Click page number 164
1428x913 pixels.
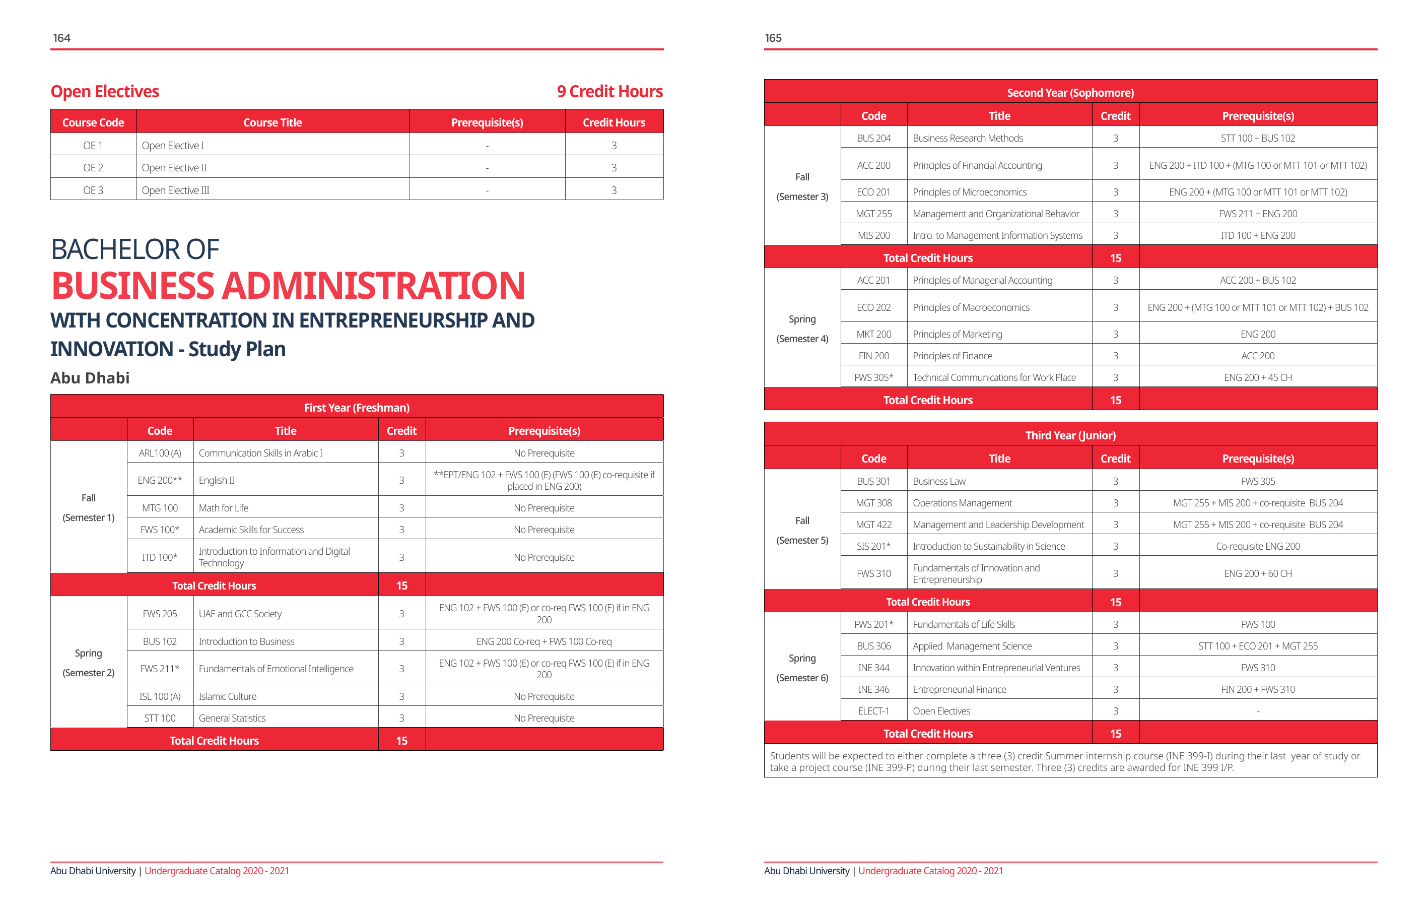(x=61, y=38)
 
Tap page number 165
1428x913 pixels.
(x=773, y=38)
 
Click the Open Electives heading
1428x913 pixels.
(x=105, y=91)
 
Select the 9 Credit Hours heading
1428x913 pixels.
(x=609, y=91)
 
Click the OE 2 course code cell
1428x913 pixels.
(x=93, y=168)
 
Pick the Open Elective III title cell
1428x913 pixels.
(x=175, y=190)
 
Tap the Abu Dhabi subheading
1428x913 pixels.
(x=90, y=378)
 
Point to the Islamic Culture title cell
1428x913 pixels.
(x=228, y=696)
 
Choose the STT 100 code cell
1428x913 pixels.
(x=160, y=718)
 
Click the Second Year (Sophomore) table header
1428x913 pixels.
(x=1070, y=93)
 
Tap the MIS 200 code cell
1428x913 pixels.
(x=873, y=235)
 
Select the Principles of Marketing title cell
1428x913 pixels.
(x=957, y=334)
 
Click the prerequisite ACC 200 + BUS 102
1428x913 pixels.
(x=1257, y=280)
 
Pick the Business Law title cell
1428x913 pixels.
(x=939, y=481)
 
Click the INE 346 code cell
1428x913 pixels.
(x=873, y=689)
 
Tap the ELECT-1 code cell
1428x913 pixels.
(x=873, y=711)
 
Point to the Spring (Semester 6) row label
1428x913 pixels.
(x=802, y=668)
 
